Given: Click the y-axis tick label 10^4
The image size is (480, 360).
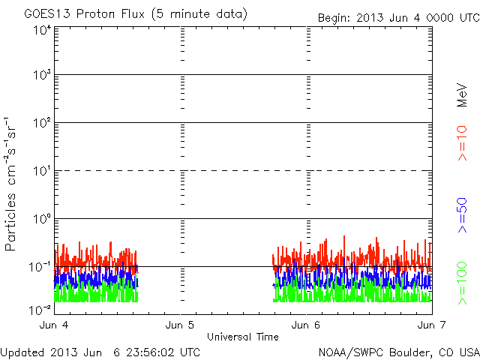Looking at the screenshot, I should (42, 30).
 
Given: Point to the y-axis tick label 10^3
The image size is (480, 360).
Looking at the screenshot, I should (42, 76).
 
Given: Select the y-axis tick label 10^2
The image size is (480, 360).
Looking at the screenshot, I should (42, 124).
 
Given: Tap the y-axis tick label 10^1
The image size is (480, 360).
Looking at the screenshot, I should (42, 172).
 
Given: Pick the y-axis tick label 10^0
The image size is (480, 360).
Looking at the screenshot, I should (42, 220).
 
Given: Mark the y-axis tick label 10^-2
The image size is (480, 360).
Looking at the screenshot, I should (40, 310).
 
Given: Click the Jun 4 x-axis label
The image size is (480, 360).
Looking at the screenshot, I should (55, 325).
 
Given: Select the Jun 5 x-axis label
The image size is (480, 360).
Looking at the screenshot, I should (181, 325).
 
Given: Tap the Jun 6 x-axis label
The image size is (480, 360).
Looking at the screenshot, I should (306, 325).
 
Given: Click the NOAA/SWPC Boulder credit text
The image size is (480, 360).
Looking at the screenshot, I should (397, 351).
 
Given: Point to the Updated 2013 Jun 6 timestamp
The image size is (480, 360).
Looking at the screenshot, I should (100, 351).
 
